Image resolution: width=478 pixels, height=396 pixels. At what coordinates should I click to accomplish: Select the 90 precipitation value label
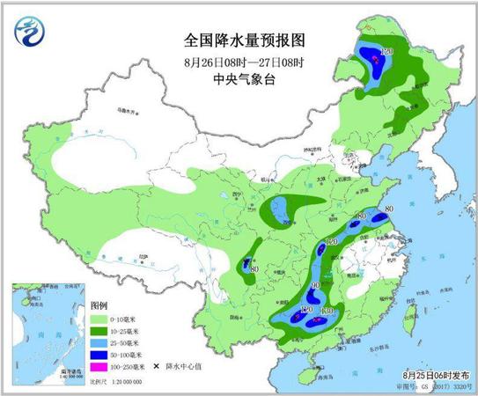(313, 286)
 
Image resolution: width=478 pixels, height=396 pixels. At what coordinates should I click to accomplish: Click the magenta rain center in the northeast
(376, 59)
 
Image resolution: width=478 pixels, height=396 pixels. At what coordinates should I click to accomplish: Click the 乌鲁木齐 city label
(130, 114)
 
